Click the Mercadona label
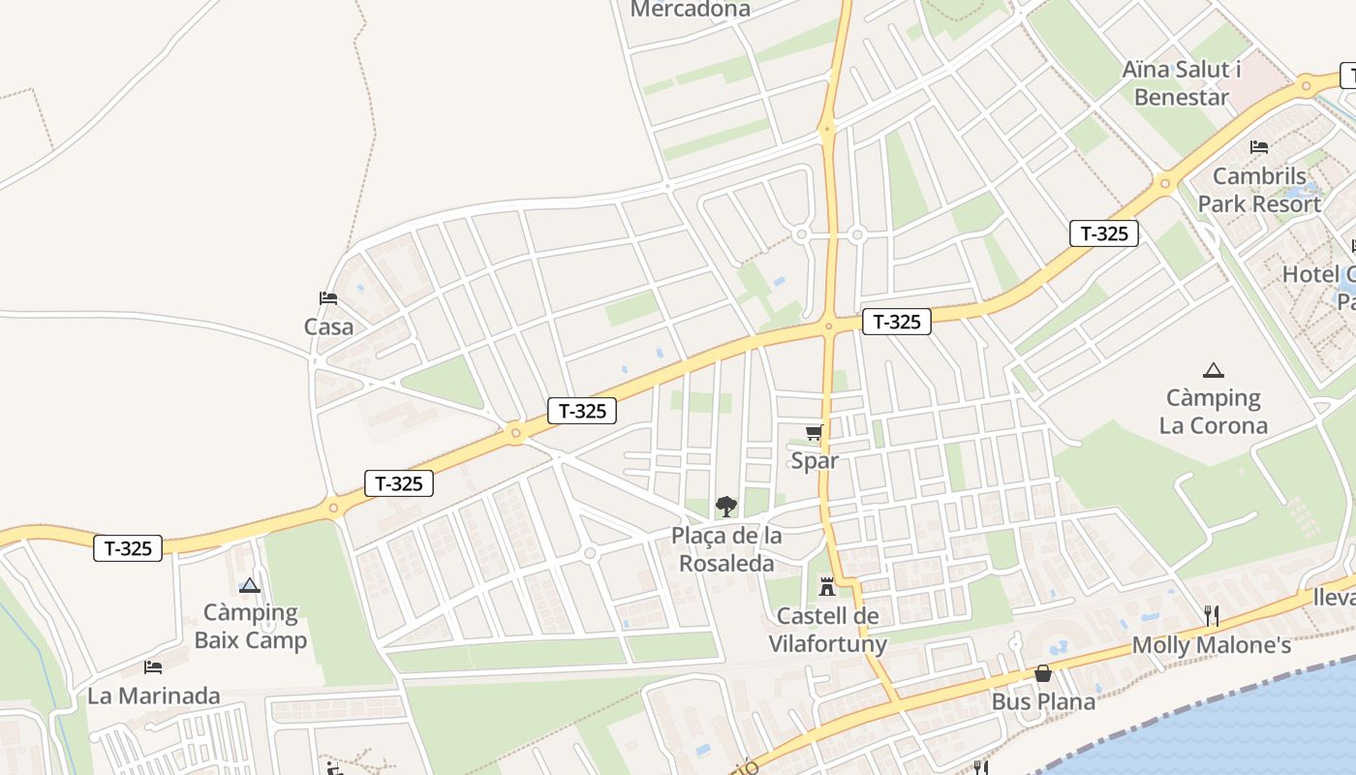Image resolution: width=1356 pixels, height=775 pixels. click(x=690, y=9)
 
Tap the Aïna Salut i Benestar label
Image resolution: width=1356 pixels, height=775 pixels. click(x=1182, y=83)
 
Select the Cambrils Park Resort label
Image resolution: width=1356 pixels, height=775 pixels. click(x=1259, y=190)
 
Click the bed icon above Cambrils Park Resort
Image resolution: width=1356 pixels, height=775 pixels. click(x=1259, y=147)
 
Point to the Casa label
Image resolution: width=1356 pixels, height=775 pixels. click(x=329, y=327)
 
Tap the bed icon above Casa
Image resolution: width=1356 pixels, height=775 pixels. click(x=328, y=298)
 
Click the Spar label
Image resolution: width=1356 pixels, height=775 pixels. click(x=815, y=460)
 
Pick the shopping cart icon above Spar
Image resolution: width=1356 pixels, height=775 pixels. click(x=814, y=433)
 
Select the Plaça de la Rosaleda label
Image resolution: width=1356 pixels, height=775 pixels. click(x=726, y=549)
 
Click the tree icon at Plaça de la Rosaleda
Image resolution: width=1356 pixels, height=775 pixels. click(x=725, y=507)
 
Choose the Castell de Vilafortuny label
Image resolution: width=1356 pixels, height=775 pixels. click(x=828, y=630)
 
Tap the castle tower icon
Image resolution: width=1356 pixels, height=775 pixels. click(x=827, y=586)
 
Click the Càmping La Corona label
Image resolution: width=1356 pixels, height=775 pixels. click(x=1213, y=412)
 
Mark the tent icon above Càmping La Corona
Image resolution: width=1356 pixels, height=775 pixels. click(x=1213, y=370)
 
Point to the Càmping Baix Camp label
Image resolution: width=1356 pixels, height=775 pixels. click(x=251, y=626)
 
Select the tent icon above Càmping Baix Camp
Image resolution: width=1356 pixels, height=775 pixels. click(x=250, y=585)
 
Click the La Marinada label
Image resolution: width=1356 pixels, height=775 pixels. click(x=154, y=696)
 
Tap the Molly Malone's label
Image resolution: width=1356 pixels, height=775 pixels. click(x=1211, y=645)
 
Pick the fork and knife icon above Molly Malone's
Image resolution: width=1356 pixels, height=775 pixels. click(x=1211, y=615)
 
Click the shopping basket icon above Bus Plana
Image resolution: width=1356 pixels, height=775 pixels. click(x=1043, y=673)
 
